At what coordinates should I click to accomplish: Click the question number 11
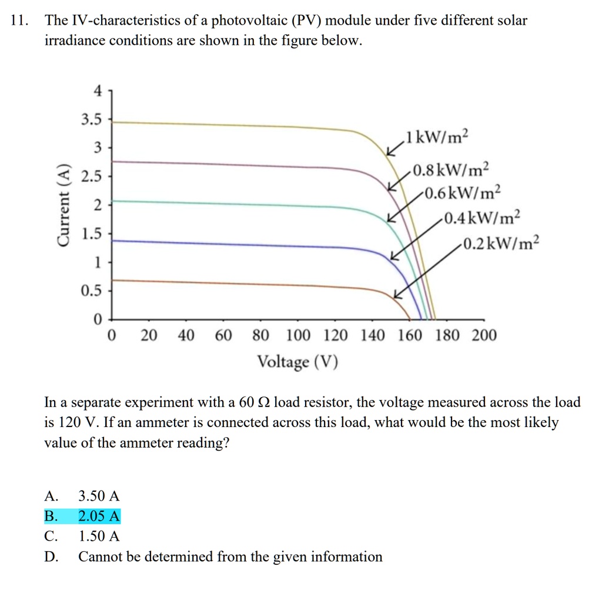[x=19, y=21]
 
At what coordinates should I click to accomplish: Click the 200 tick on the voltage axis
[x=484, y=336]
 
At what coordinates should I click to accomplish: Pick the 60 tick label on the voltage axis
[x=223, y=336]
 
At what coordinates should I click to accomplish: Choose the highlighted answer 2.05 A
[x=99, y=517]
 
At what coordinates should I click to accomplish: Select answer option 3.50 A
[x=99, y=496]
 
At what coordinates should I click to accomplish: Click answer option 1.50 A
[x=99, y=536]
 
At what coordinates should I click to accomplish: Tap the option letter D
[x=51, y=557]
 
